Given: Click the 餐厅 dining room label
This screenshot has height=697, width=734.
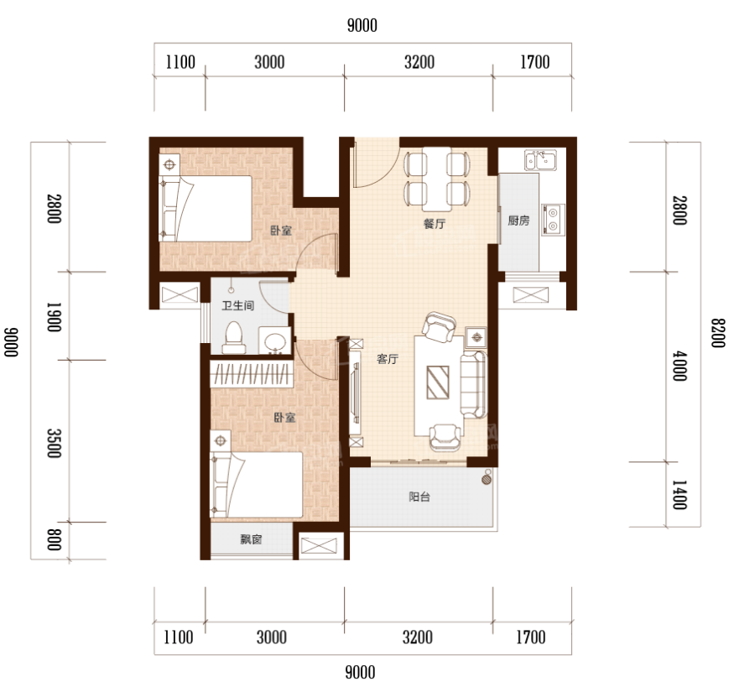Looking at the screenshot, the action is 434,224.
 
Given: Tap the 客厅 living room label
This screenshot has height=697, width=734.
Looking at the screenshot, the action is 387,359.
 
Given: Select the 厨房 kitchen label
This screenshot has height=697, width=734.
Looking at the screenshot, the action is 518,220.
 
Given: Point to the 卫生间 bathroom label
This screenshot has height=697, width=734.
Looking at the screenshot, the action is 237,305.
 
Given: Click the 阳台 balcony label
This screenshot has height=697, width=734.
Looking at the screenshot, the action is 419,497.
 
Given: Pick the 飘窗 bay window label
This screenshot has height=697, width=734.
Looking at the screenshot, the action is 251,539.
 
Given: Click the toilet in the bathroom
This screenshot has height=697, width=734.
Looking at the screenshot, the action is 233,337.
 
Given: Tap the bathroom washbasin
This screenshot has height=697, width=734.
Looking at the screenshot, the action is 274,341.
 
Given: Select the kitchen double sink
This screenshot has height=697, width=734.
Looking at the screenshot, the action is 540,159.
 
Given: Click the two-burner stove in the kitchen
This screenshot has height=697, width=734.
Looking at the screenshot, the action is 553,220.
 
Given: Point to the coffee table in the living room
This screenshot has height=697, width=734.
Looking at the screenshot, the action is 438,382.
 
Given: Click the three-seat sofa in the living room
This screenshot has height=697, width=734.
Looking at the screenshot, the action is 473,384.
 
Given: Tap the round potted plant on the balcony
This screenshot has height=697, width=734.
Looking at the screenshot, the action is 487,479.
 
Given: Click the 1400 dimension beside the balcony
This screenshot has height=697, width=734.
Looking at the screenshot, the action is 679,495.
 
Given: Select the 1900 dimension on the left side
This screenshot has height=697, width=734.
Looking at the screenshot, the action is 55,317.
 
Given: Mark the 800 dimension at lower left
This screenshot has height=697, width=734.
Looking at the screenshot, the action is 55,539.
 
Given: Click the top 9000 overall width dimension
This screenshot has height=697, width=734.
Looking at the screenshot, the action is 362,25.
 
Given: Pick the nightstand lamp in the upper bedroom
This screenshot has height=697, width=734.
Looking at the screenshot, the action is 169,164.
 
